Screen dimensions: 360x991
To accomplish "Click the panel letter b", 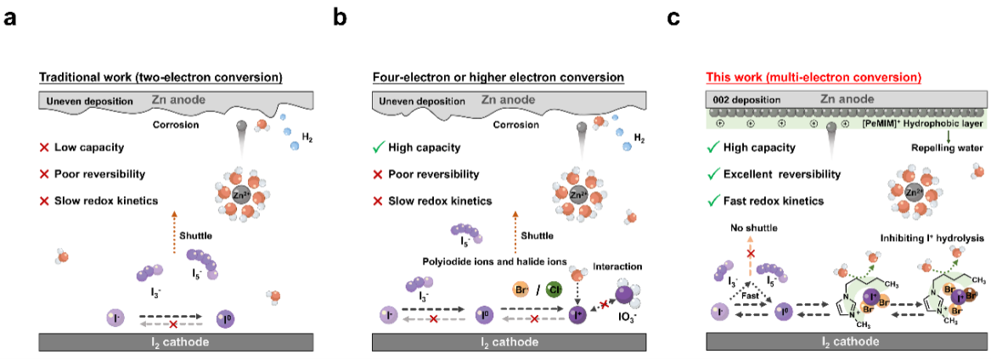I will click(x=340, y=16).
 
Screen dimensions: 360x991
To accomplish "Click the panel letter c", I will click(x=673, y=16).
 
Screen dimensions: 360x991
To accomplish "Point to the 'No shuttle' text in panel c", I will click(x=746, y=228).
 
